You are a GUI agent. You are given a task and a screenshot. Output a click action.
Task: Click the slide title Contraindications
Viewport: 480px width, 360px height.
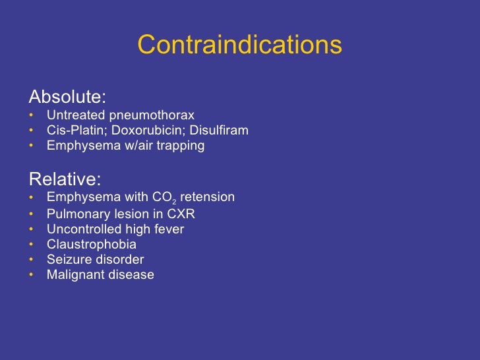(x=239, y=45)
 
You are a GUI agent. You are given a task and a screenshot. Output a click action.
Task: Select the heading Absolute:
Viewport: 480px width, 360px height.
(x=67, y=98)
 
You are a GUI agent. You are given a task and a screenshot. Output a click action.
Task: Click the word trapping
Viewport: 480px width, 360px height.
(x=179, y=146)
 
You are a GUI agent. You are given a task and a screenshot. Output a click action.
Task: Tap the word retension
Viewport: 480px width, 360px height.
(x=212, y=197)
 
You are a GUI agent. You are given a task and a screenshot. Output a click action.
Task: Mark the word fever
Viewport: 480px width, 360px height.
(x=168, y=229)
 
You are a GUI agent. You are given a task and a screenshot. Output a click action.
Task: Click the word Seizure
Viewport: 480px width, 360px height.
(x=68, y=260)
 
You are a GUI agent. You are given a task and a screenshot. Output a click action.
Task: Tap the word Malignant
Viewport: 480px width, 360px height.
(x=74, y=275)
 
